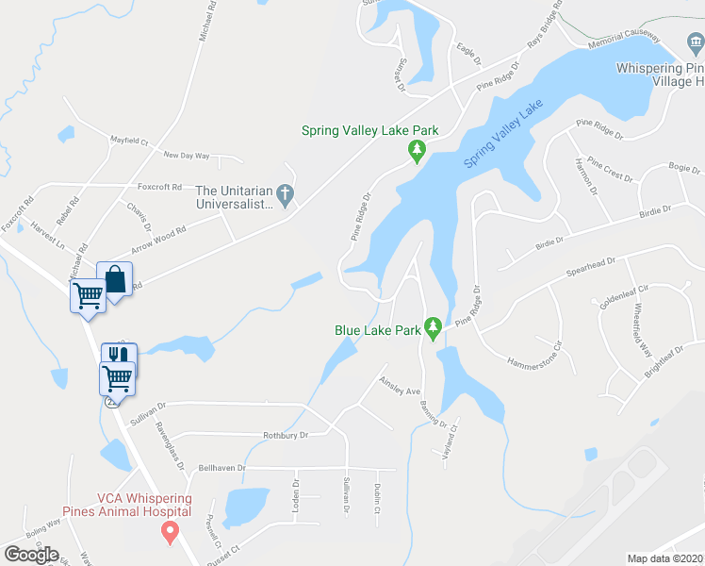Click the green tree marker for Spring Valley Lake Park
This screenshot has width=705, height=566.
click(416, 150)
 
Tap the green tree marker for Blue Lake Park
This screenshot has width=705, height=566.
click(433, 329)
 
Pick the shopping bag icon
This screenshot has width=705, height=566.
click(114, 279)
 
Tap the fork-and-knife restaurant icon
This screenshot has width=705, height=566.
click(120, 355)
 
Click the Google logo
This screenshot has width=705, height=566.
click(31, 554)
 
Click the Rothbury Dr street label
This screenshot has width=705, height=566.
click(286, 436)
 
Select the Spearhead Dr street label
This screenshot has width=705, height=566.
click(590, 262)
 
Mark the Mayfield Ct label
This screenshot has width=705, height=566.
click(129, 140)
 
